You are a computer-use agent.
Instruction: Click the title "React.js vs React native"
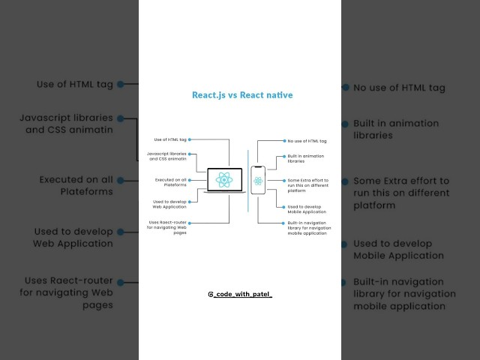coord(242,96)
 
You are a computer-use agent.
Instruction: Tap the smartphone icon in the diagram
coord(258,181)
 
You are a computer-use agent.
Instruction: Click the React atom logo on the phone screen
coord(258,181)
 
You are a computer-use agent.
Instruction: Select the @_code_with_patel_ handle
coord(240,295)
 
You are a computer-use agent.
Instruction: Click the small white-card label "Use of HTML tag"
coord(170,139)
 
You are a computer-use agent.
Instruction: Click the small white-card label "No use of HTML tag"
coord(307,140)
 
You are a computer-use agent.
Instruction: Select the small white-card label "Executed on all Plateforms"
coord(170,182)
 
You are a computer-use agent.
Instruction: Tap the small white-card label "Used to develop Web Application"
coord(169,204)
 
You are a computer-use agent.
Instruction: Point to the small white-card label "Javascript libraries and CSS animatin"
coord(168,157)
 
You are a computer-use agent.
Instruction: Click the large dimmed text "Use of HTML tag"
coord(75,85)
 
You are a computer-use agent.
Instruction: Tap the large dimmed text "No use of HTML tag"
coord(400,88)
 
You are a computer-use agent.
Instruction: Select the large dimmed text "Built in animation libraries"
coord(384,129)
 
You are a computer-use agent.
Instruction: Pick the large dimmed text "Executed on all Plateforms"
coord(76,185)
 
